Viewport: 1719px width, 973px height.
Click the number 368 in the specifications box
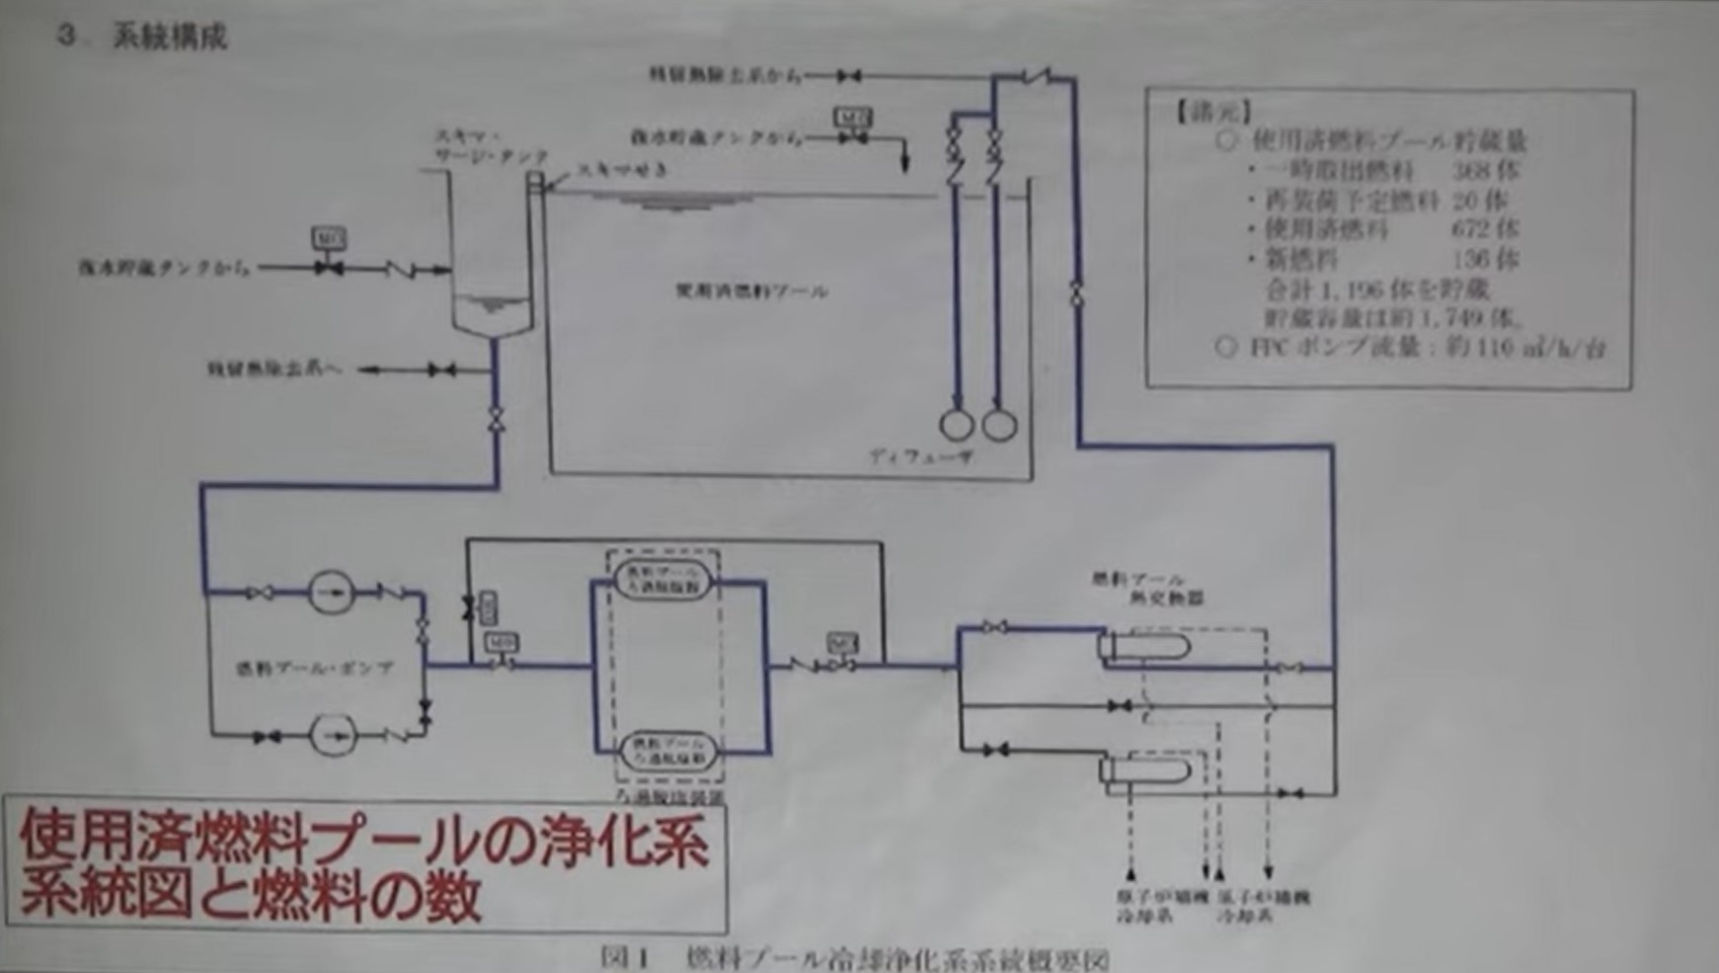coord(1483,170)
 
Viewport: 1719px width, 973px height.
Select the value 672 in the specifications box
coord(1483,229)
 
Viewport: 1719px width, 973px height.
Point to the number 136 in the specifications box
coord(1483,259)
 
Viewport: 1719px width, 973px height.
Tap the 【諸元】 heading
coord(1213,111)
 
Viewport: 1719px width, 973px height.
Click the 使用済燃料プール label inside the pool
coord(751,291)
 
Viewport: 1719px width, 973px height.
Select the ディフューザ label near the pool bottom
coord(920,457)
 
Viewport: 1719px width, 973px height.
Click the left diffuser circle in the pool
coord(956,425)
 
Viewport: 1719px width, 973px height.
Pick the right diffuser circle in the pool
coord(999,425)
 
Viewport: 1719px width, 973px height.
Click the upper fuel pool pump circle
coord(331,593)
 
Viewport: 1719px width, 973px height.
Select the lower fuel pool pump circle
coord(333,736)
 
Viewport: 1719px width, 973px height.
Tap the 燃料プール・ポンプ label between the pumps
coord(314,669)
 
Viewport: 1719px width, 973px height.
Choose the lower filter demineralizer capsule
coord(668,750)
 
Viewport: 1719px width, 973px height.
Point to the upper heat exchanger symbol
coord(1145,648)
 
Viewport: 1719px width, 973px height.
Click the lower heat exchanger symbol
coord(1145,770)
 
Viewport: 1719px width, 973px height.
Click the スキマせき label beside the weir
coord(622,170)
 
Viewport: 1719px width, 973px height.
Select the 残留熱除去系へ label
coord(274,369)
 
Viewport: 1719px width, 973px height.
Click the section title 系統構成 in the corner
coord(170,37)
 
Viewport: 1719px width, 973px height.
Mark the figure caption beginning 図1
coord(854,959)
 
